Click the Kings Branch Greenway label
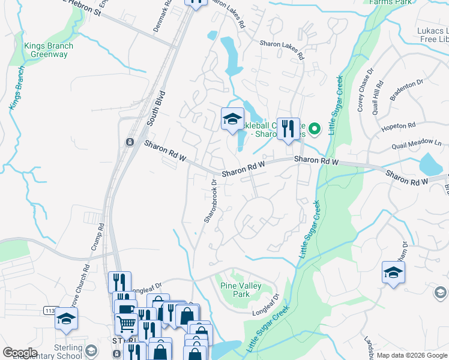tap(49, 50)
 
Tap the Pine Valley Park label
tap(241, 290)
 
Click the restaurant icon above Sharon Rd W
tap(288, 129)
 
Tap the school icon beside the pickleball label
tap(232, 118)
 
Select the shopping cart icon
tap(126, 324)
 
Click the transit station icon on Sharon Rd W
tap(128, 142)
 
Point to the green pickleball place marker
tap(315, 128)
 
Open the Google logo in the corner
tap(20, 353)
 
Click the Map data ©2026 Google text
tap(412, 355)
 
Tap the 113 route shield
tap(49, 310)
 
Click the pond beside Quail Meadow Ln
tap(430, 163)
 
